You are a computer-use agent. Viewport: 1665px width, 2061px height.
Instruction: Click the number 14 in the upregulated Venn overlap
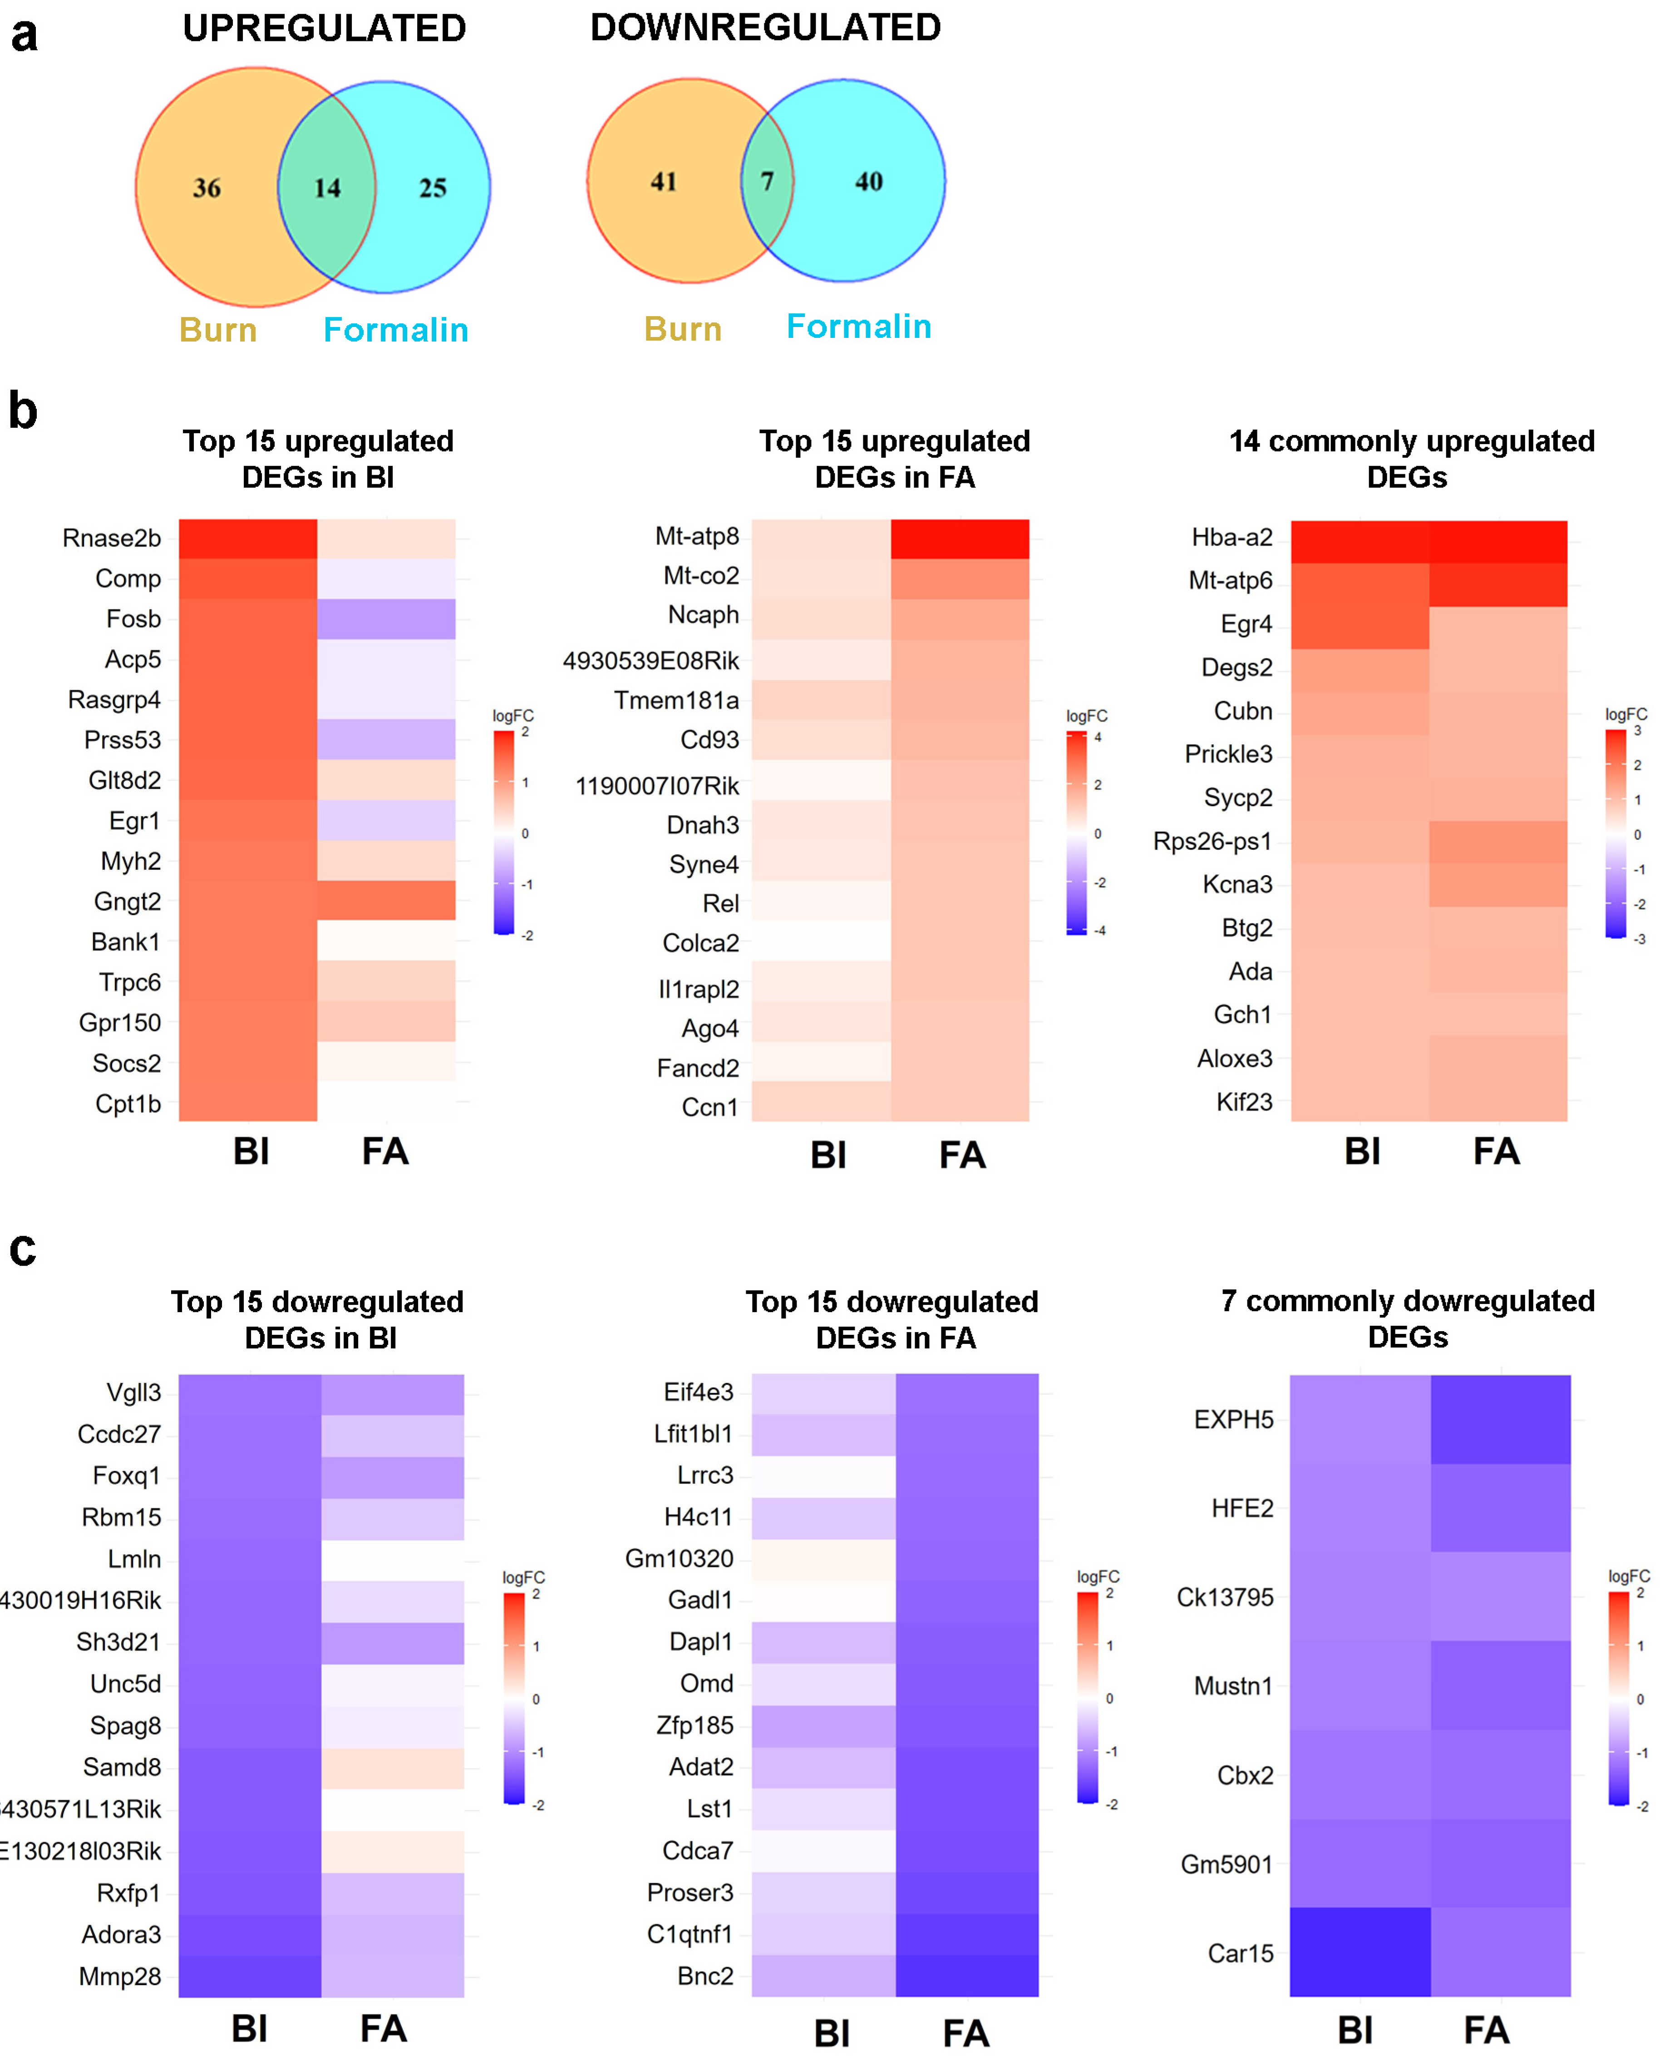click(327, 188)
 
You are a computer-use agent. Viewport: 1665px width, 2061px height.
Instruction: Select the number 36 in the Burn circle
click(207, 188)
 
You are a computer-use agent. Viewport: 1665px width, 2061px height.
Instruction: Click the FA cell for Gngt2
click(387, 901)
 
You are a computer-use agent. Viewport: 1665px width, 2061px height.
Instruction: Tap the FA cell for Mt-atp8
click(960, 539)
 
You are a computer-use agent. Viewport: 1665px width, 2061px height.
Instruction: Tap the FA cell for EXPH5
click(1500, 1419)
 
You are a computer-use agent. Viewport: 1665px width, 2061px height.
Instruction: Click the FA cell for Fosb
click(387, 619)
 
